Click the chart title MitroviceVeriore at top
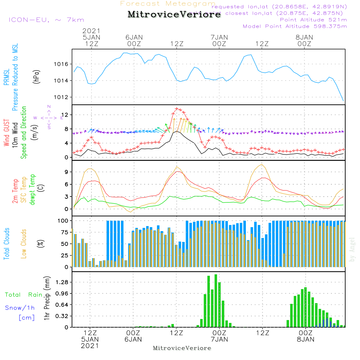174,15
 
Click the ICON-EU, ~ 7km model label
46,20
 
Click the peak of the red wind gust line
177,108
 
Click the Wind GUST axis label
7,133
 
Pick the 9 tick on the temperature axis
66,172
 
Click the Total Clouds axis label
7,244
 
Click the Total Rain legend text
24,295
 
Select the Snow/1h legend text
20,308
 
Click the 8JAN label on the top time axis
304,37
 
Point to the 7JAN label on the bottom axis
219,339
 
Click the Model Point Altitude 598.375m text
295,26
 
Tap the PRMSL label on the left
7,77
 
